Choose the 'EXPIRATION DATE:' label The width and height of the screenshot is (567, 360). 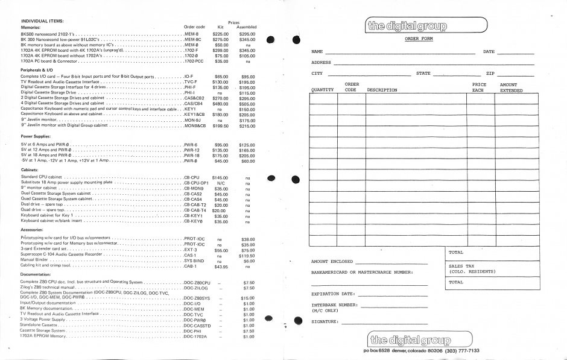coord(334,294)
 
